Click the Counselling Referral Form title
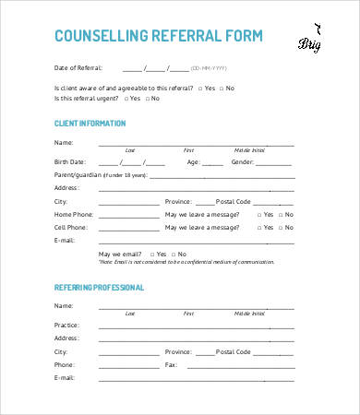(x=159, y=36)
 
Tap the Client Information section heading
(x=90, y=123)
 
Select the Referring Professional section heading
(x=99, y=287)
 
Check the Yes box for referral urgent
(x=124, y=98)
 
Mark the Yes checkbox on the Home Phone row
(x=258, y=213)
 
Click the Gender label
(x=243, y=160)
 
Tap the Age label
(x=194, y=160)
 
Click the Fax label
(x=172, y=364)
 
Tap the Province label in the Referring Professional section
(x=179, y=351)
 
